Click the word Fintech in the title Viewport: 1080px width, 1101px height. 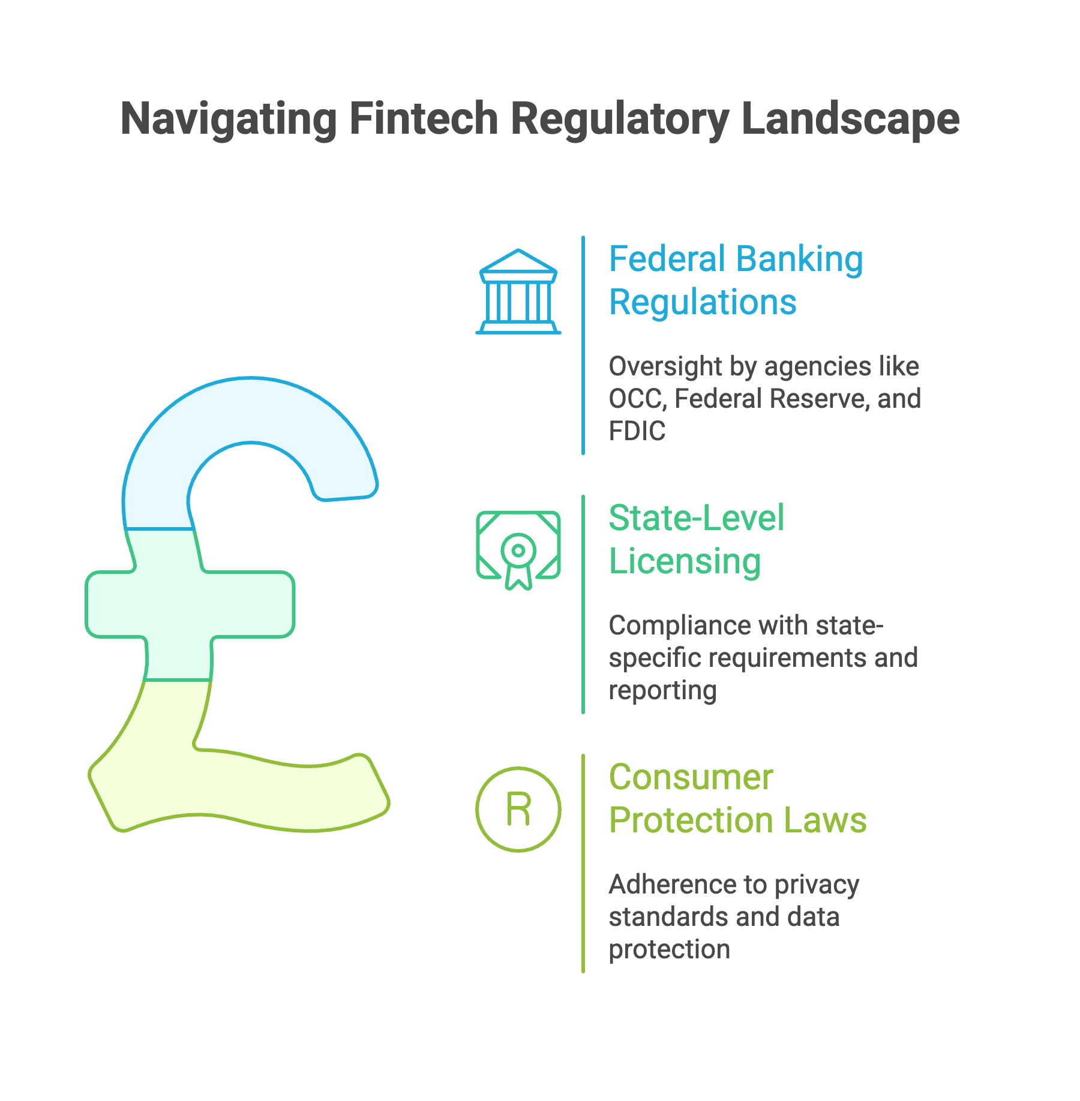point(424,119)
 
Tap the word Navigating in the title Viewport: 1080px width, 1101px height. point(229,120)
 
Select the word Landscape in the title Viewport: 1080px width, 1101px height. point(850,120)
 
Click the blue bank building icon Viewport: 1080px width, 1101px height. point(518,292)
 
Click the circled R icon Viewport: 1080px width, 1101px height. point(518,809)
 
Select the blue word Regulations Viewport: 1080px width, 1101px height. point(703,302)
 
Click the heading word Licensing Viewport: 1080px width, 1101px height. point(685,562)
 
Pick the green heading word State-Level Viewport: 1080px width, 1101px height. point(696,518)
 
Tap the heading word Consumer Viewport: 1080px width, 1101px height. point(691,777)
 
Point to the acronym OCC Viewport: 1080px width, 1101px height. point(635,399)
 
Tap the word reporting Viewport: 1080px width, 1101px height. point(662,690)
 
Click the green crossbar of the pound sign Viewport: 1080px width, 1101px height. point(190,604)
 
